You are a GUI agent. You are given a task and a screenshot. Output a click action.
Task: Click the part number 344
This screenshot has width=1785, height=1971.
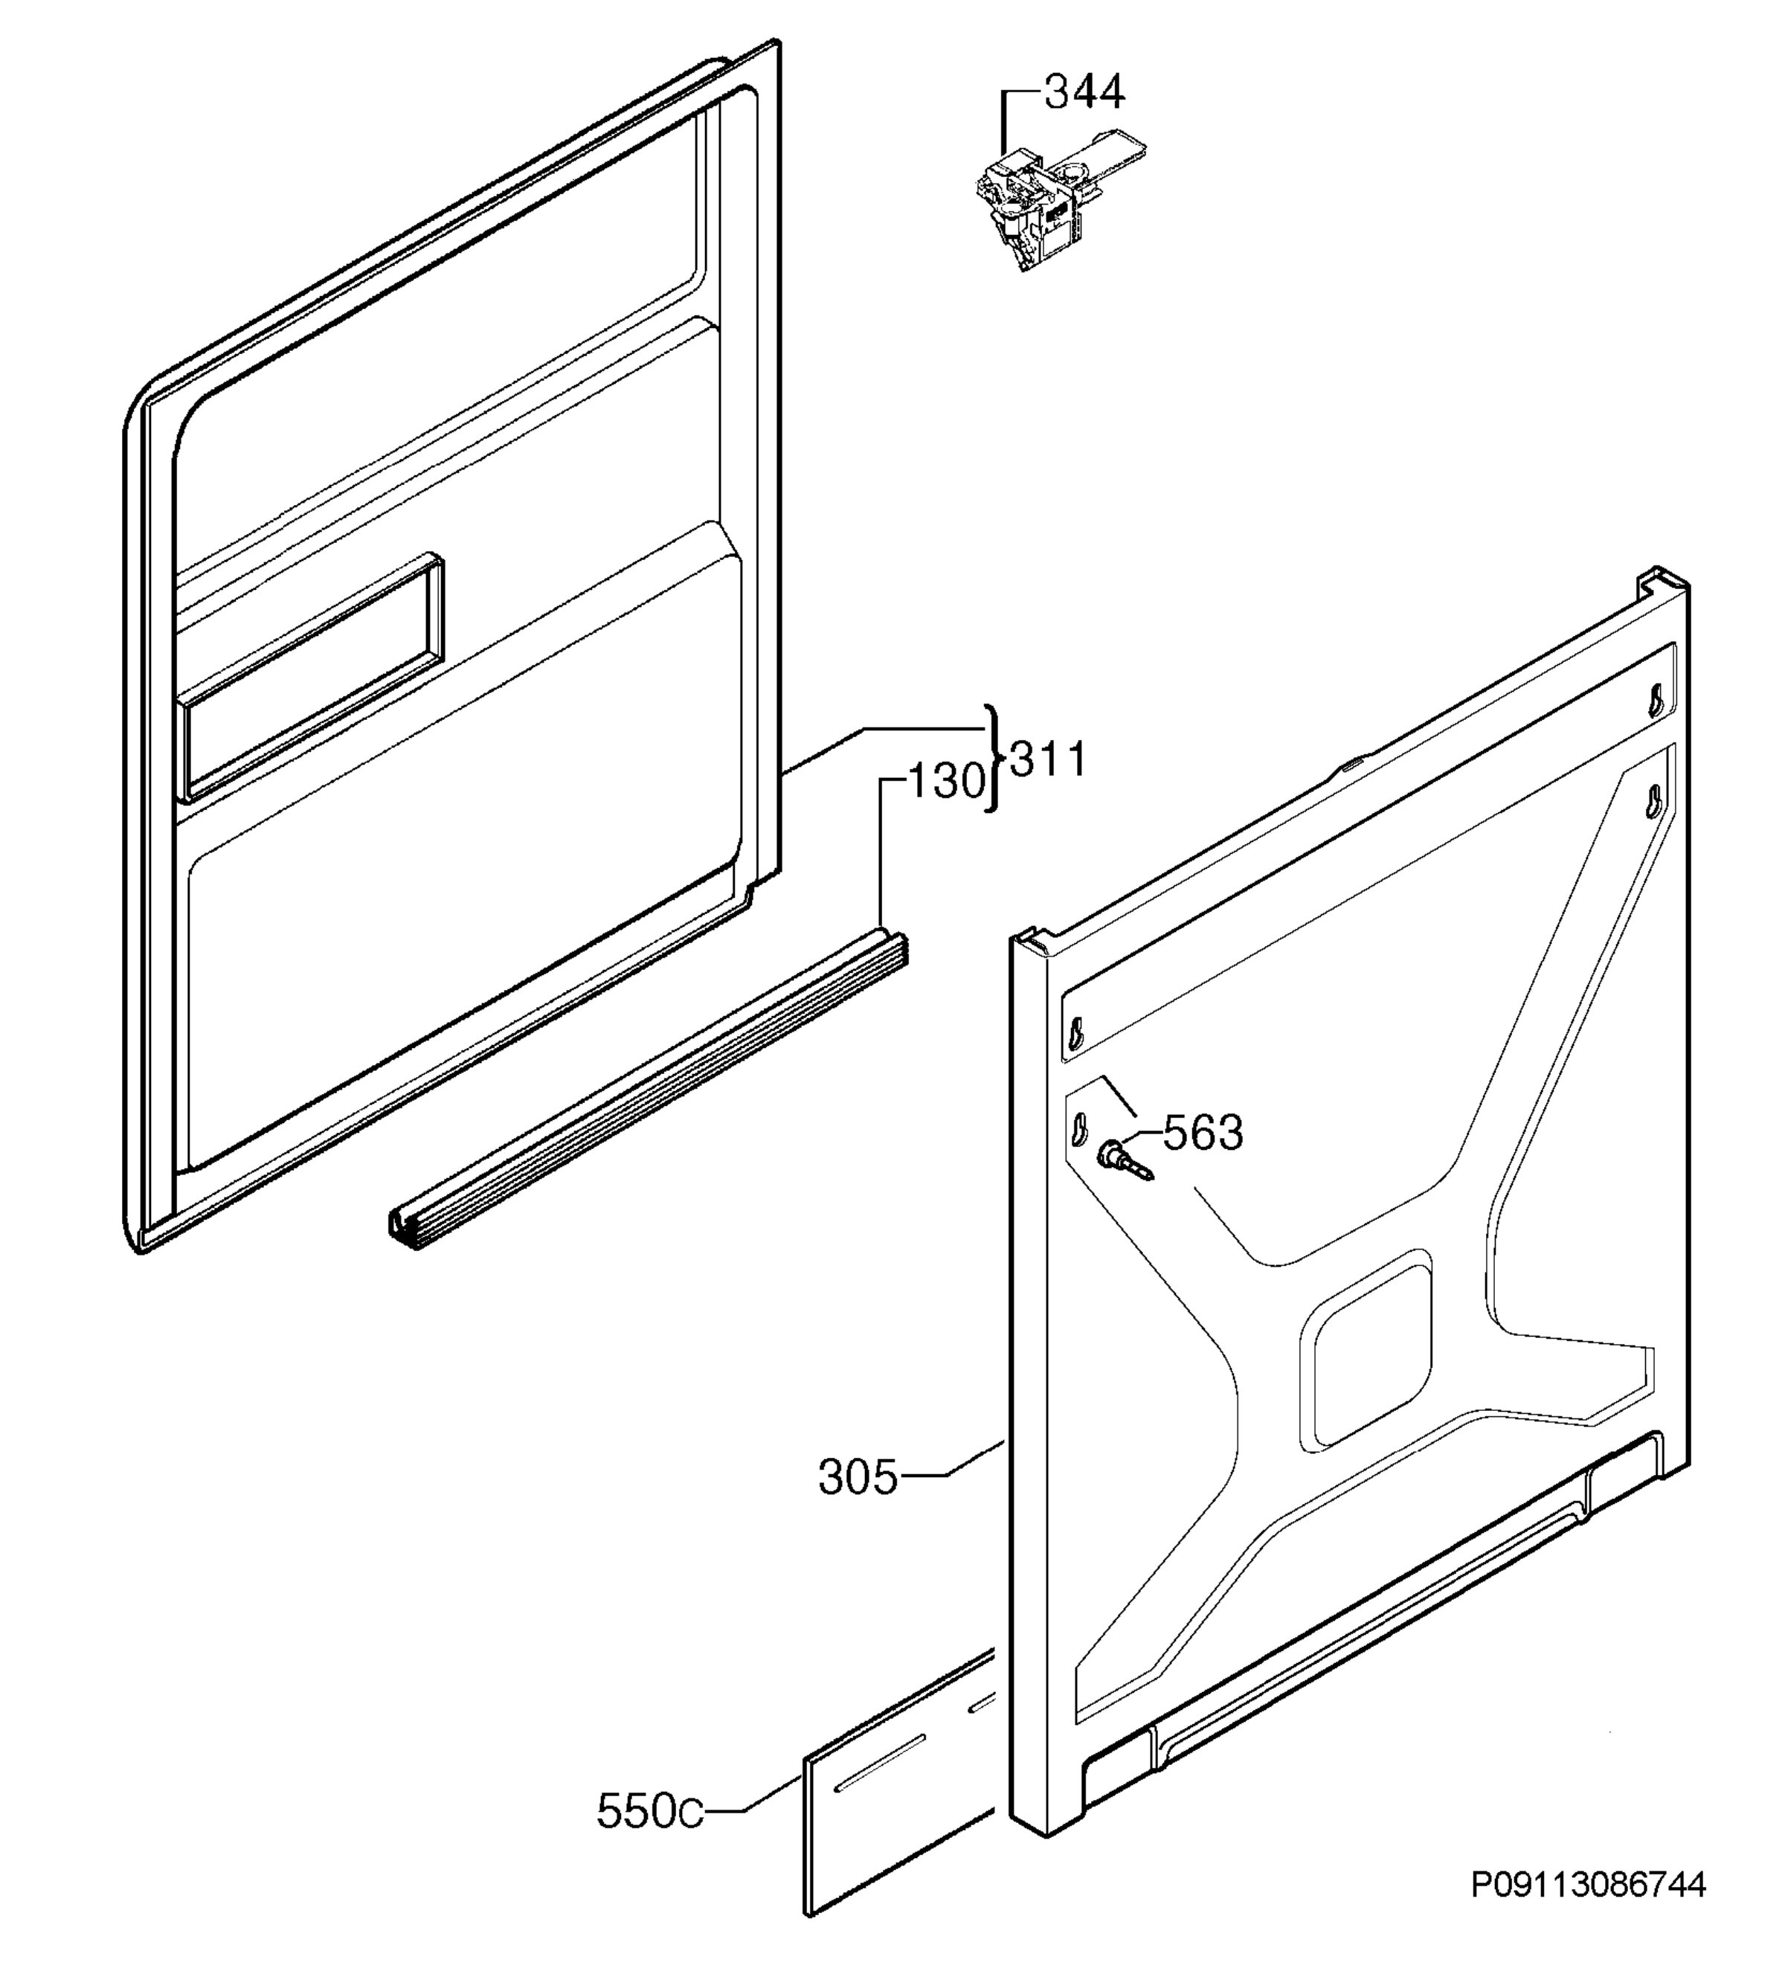click(1084, 93)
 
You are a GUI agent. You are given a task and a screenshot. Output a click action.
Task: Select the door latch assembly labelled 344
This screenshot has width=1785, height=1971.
click(1060, 199)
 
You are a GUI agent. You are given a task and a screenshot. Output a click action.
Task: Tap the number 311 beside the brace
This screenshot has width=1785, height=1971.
click(1048, 759)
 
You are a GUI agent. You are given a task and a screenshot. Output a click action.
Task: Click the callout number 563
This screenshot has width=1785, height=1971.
click(1203, 1133)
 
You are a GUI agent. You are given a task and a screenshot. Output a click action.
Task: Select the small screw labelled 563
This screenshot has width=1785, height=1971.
click(1125, 1160)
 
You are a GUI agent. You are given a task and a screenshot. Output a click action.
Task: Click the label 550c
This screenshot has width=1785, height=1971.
click(649, 1812)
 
